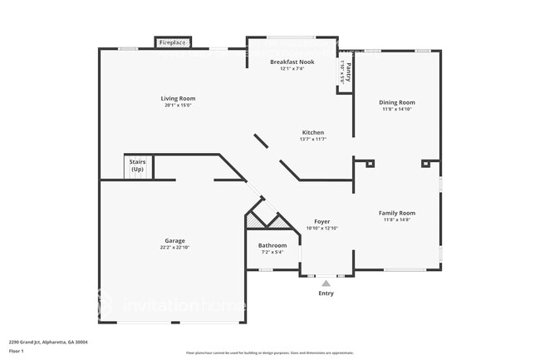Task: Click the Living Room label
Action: [x=178, y=98]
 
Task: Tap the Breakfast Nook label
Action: [x=292, y=62]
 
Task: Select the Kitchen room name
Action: [x=312, y=132]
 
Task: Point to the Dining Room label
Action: [x=397, y=102]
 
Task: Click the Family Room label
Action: [x=397, y=213]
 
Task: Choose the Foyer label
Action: [x=322, y=221]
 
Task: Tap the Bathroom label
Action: [x=272, y=245]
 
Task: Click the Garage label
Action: [x=174, y=241]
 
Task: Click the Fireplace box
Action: [x=174, y=42]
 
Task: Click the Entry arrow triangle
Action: [x=326, y=284]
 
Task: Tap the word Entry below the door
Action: [x=326, y=293]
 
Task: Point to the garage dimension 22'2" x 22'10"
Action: [x=174, y=248]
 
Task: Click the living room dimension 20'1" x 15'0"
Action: [x=178, y=106]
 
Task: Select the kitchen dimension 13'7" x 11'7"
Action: [x=312, y=139]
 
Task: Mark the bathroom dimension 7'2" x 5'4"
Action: [x=272, y=252]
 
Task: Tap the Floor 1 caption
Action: [x=17, y=352]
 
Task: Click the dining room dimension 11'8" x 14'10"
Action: [x=397, y=109]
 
